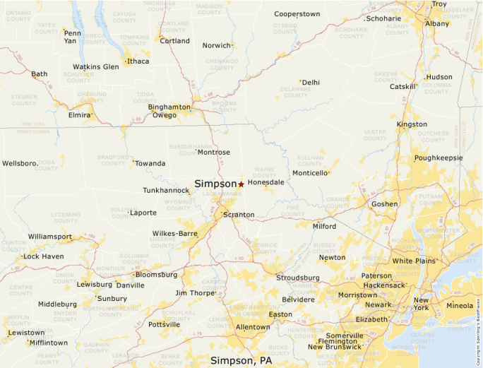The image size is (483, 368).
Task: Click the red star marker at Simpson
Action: (x=241, y=184)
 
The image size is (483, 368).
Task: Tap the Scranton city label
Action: (x=239, y=214)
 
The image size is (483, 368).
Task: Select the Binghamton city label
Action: (x=169, y=107)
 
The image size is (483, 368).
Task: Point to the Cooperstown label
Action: (x=297, y=13)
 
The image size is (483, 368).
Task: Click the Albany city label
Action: (x=436, y=23)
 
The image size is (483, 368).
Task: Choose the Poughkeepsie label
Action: (x=439, y=158)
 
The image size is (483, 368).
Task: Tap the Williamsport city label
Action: (x=50, y=237)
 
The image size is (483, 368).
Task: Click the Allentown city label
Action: (x=253, y=327)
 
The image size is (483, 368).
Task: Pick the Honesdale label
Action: (x=266, y=182)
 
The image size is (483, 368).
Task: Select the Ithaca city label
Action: (x=138, y=61)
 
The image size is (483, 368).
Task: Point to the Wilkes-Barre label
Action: (x=174, y=233)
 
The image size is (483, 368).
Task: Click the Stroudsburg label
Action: (x=298, y=278)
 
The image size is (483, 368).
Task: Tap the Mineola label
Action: (x=460, y=306)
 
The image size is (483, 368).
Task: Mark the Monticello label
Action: (x=310, y=172)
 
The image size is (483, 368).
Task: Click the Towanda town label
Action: (x=150, y=163)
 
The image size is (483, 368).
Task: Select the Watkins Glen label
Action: (x=96, y=67)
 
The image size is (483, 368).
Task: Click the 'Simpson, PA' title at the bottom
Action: (x=241, y=360)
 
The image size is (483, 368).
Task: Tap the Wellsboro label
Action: (x=20, y=163)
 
